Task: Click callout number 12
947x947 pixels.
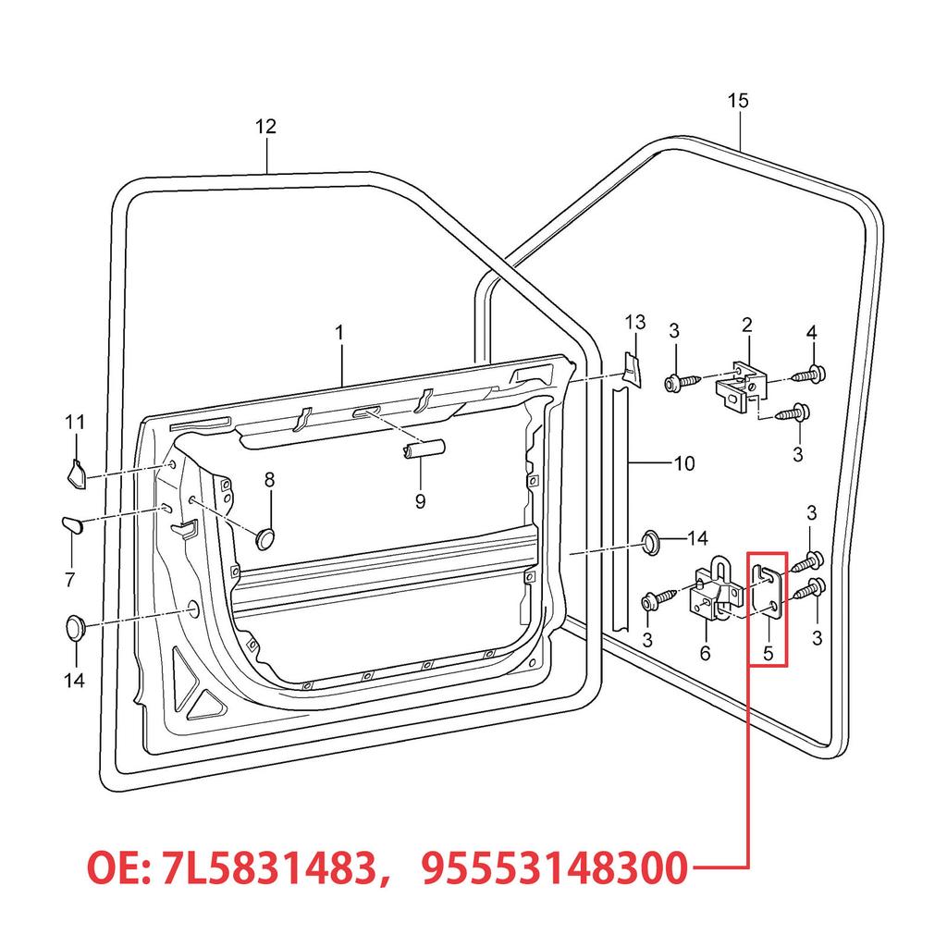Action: pyautogui.click(x=265, y=127)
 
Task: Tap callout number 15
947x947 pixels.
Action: pyautogui.click(x=738, y=101)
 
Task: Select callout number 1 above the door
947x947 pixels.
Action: pyautogui.click(x=339, y=330)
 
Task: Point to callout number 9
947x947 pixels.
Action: pyautogui.click(x=420, y=501)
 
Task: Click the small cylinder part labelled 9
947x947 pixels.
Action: pyautogui.click(x=423, y=449)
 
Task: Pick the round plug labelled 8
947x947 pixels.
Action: pyautogui.click(x=266, y=536)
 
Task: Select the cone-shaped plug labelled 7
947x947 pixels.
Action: pyautogui.click(x=73, y=524)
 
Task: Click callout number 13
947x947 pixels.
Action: pyautogui.click(x=634, y=322)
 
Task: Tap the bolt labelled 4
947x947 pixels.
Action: pyautogui.click(x=814, y=375)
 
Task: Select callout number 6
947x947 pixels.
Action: pyautogui.click(x=705, y=653)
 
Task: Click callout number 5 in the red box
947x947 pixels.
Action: pyautogui.click(x=767, y=652)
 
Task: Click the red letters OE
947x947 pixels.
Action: pyautogui.click(x=114, y=869)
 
